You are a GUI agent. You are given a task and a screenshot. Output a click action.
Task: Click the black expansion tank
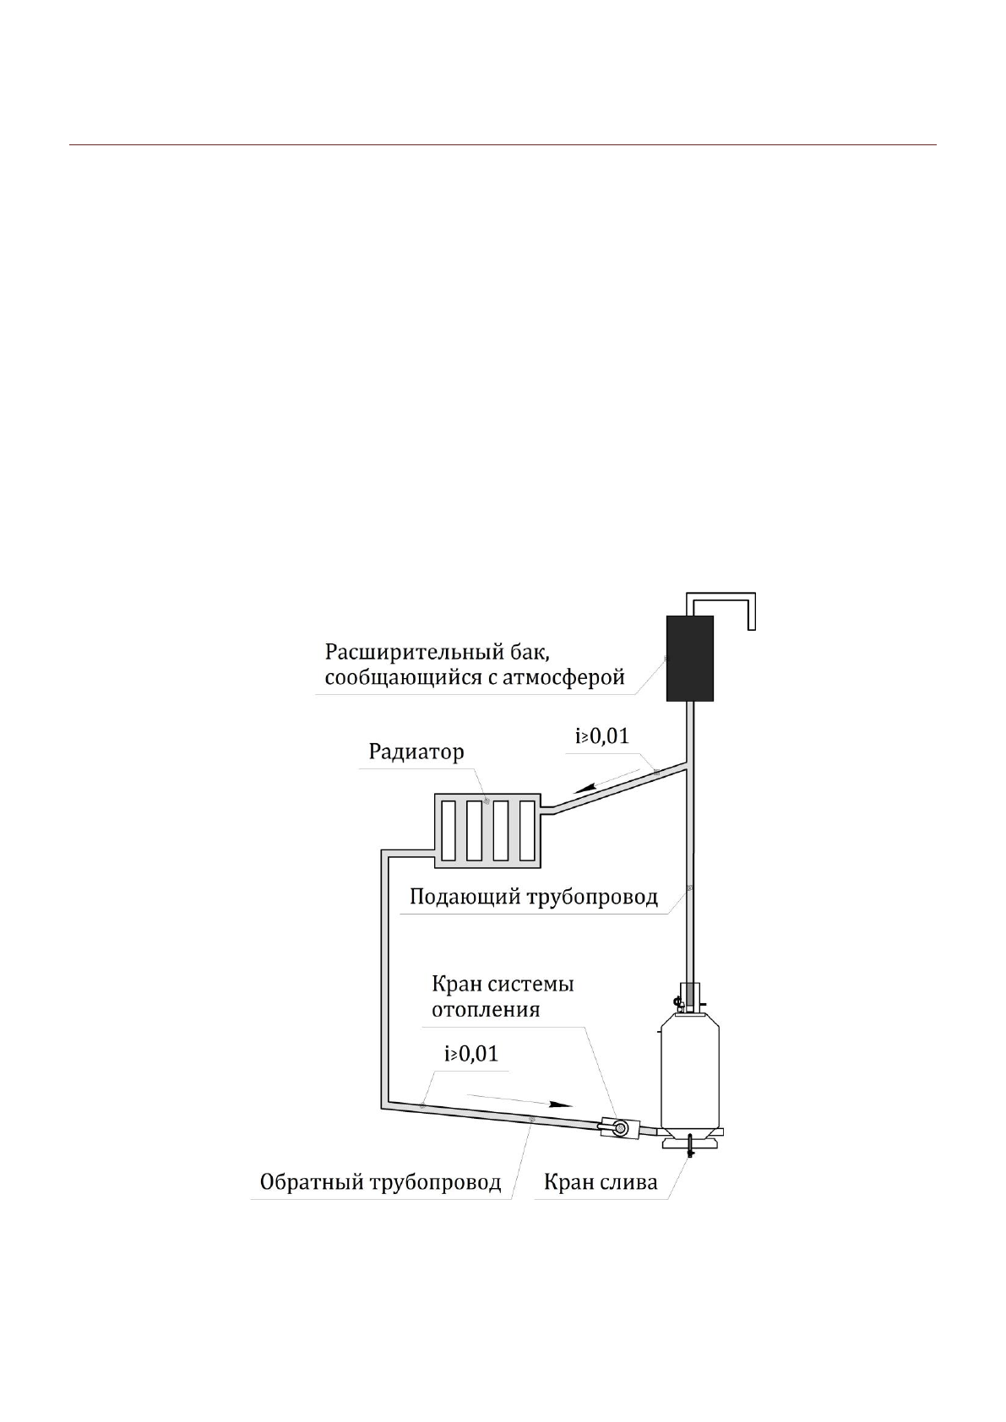(689, 658)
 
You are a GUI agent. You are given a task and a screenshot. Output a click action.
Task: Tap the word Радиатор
(416, 752)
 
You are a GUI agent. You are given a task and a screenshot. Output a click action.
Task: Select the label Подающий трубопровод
(533, 896)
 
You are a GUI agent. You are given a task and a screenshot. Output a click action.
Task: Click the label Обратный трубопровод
(380, 1182)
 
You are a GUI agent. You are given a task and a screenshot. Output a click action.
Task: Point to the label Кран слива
(600, 1182)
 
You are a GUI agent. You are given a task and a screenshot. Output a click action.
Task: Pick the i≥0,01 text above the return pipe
(470, 1054)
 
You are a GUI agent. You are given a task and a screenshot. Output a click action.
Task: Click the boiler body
(689, 1068)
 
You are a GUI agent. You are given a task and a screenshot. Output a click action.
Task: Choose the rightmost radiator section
(526, 829)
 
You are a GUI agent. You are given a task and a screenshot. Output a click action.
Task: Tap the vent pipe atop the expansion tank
(722, 599)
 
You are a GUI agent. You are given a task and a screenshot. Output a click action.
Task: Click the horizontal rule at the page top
(503, 145)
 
